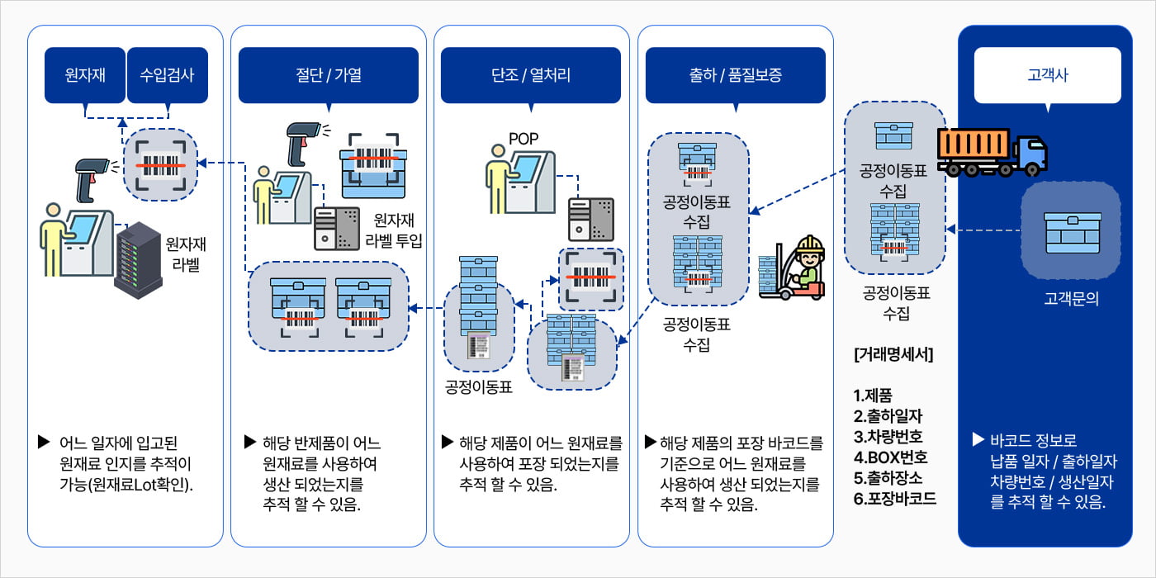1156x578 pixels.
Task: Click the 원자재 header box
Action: [85, 75]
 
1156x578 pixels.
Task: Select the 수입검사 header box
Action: [167, 75]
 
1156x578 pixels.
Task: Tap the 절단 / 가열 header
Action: [329, 75]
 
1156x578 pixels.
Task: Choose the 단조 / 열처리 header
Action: [530, 75]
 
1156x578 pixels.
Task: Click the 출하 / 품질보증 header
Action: [736, 75]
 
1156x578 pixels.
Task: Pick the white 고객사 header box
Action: [1048, 75]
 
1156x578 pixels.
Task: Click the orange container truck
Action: [992, 152]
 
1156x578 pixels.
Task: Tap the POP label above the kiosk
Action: [524, 139]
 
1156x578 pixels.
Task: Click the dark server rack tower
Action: [139, 261]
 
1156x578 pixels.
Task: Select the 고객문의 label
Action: [1072, 298]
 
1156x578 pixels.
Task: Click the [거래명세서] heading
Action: [893, 354]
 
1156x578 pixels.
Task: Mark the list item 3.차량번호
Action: [888, 437]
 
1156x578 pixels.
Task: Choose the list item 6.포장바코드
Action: [894, 499]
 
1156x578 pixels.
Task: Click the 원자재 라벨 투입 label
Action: [394, 230]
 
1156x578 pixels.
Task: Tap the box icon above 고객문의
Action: [1073, 233]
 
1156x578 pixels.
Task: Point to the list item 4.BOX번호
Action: [890, 457]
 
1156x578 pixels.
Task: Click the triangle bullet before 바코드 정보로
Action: [978, 439]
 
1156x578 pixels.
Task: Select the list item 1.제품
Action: [873, 396]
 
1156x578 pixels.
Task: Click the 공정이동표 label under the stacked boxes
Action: [478, 387]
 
